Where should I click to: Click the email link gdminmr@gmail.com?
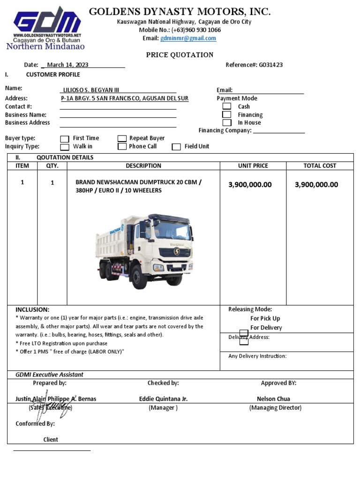(188, 38)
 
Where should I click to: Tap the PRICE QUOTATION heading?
(180, 55)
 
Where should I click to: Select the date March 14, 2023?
(67, 65)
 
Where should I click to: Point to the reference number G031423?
(270, 65)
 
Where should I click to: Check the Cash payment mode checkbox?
(227, 106)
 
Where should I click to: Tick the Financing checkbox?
(227, 114)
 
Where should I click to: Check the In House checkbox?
(227, 122)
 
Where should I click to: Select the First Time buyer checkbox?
(65, 138)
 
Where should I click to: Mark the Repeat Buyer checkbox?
(122, 138)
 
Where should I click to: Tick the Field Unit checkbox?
(176, 147)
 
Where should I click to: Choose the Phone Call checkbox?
(122, 146)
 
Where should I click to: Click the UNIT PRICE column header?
(253, 165)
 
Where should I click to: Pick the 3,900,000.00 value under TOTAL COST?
(316, 185)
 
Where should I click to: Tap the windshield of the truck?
(172, 230)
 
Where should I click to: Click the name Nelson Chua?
(273, 399)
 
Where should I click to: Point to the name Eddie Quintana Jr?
(163, 399)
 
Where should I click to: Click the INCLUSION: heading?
(32, 310)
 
